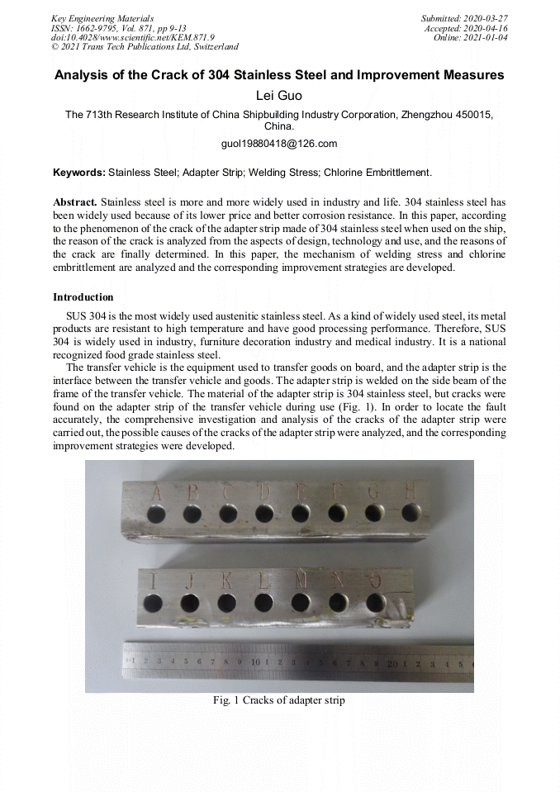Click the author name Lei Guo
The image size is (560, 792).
(279, 96)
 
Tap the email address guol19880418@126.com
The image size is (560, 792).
(279, 144)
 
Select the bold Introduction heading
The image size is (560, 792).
(83, 296)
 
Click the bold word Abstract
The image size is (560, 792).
(74, 202)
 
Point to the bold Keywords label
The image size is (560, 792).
(78, 173)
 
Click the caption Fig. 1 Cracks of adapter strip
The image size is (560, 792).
(279, 700)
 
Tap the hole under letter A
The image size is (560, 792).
(155, 515)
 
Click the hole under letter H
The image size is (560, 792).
(411, 513)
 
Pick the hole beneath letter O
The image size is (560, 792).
(375, 602)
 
